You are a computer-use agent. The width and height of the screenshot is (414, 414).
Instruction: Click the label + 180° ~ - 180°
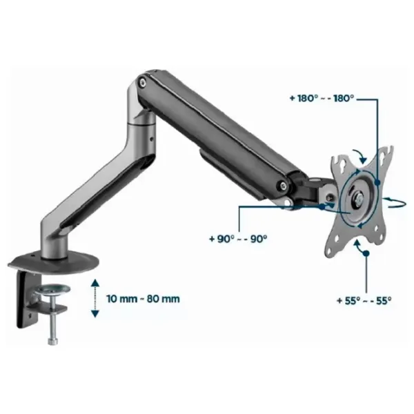click(322, 99)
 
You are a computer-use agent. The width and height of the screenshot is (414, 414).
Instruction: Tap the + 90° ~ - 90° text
click(238, 239)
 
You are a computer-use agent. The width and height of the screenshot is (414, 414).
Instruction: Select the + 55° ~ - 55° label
click(364, 300)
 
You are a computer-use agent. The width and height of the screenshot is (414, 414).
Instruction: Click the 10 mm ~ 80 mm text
click(143, 299)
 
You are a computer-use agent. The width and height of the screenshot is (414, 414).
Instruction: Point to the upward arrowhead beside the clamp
click(95, 284)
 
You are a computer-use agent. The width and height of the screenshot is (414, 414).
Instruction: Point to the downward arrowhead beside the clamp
click(95, 313)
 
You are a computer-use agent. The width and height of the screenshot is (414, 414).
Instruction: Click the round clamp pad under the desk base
click(53, 289)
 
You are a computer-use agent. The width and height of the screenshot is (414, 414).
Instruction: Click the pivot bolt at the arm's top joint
click(143, 82)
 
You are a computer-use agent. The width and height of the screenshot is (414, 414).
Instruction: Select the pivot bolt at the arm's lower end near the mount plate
click(284, 186)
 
